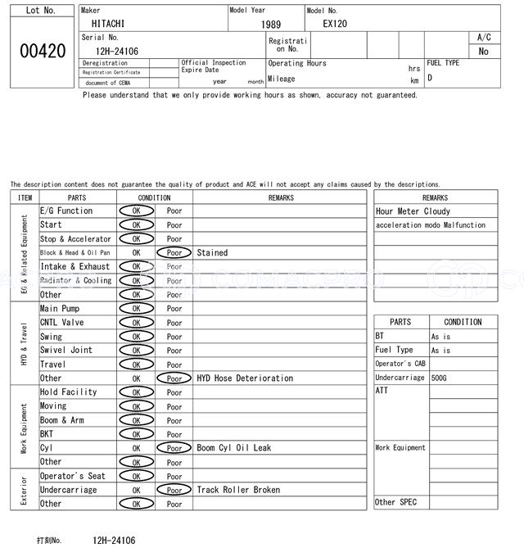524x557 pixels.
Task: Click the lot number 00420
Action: point(43,51)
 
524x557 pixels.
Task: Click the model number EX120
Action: point(334,25)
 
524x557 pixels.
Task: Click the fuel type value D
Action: point(430,79)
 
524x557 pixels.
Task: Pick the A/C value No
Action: point(483,52)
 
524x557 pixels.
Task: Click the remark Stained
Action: point(212,253)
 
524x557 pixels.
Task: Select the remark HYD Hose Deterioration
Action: point(245,378)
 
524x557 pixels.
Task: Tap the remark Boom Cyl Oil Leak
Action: point(233,448)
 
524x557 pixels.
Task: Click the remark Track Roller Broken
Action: point(238,490)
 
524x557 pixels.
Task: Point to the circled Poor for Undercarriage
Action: point(174,490)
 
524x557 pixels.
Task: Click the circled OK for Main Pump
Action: point(136,309)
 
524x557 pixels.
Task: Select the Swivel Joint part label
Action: point(66,351)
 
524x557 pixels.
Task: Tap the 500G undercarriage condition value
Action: point(440,378)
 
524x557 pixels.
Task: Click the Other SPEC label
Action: point(395,502)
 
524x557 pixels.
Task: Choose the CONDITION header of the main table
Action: point(154,197)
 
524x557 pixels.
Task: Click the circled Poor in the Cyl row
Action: point(174,448)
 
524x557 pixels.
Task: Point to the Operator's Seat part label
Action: point(73,476)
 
